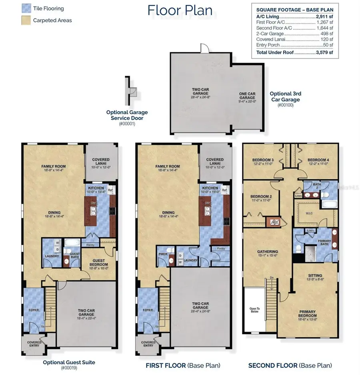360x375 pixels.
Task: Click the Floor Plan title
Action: coord(180,10)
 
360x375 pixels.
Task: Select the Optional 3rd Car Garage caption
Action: coord(286,96)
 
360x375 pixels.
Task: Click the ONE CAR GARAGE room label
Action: coord(247,95)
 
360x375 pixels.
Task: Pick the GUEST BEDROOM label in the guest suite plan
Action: coord(99,263)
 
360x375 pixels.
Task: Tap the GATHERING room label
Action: coord(267,252)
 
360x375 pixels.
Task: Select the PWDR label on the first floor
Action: coord(162,254)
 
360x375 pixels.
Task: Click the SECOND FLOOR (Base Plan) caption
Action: coord(290,365)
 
